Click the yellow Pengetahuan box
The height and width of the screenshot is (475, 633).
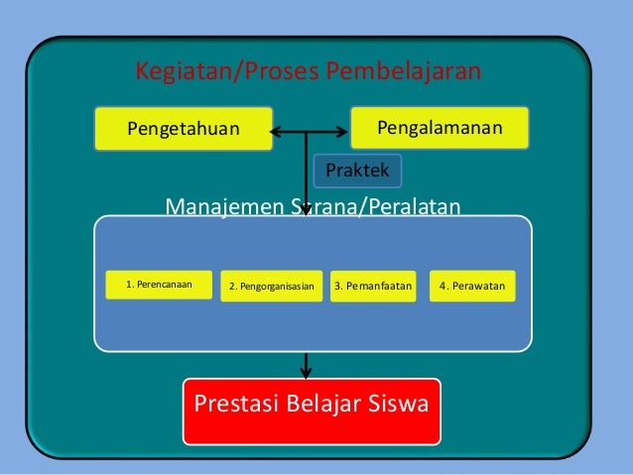(184, 129)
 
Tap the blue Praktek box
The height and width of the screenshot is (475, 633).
(357, 171)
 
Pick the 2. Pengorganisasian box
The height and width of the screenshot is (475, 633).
(271, 288)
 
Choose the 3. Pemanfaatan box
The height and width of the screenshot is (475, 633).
(372, 288)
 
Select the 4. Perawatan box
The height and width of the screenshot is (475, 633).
(472, 288)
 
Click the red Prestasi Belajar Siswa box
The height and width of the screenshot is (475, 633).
(312, 408)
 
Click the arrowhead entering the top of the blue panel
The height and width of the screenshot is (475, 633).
(307, 211)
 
